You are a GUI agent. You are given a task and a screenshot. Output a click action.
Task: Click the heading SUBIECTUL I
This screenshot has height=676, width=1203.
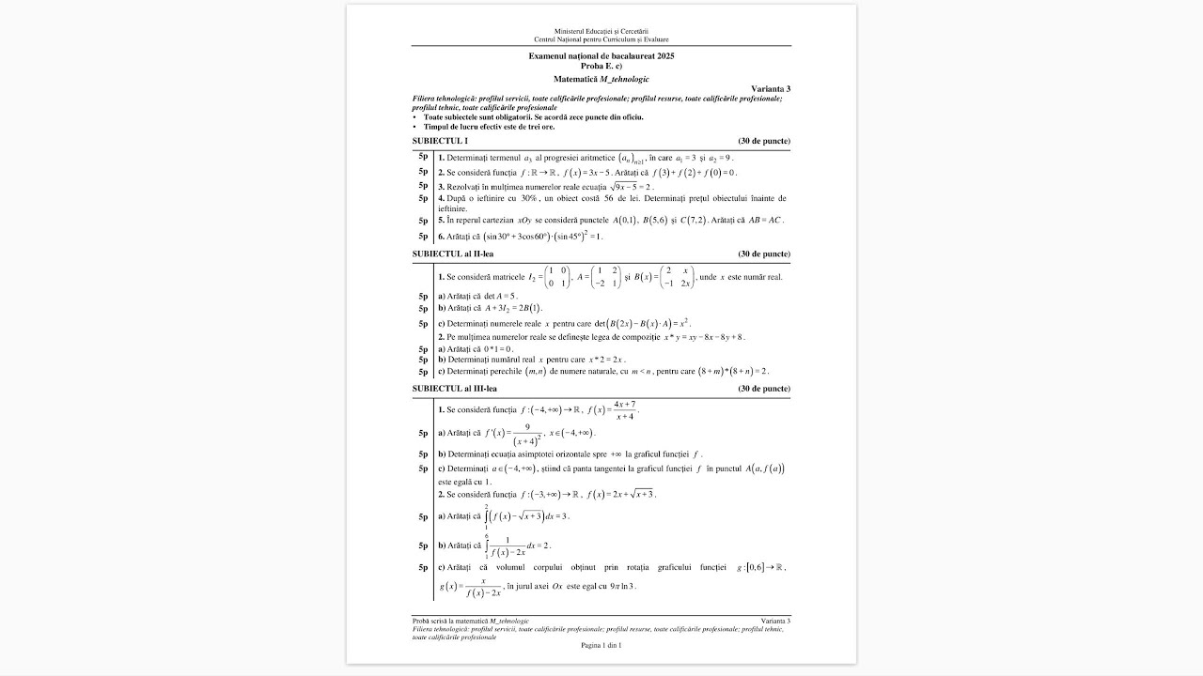point(440,141)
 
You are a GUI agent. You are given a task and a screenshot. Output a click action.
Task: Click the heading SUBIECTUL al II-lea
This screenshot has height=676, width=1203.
point(452,253)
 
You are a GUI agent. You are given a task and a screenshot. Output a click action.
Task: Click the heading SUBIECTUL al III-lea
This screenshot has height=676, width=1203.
point(454,388)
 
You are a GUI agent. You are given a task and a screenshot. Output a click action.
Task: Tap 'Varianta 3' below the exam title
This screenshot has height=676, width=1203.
point(771,88)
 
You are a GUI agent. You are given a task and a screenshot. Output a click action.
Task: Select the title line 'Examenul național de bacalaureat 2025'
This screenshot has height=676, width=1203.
point(601,56)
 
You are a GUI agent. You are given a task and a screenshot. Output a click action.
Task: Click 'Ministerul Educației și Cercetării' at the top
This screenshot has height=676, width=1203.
point(601,32)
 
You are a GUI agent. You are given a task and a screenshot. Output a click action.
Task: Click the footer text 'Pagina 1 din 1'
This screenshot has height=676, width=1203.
point(601,645)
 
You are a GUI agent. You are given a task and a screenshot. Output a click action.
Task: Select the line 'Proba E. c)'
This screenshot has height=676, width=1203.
point(601,66)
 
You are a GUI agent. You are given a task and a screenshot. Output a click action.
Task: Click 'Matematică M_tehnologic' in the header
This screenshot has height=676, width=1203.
point(601,79)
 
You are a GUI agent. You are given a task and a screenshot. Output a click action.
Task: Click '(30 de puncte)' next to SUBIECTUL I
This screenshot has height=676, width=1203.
point(764,141)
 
